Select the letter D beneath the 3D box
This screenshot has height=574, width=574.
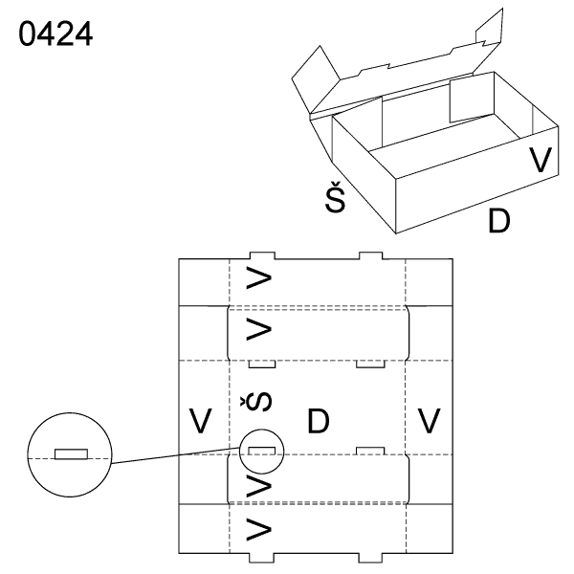coord(498,221)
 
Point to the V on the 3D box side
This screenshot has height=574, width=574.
coord(542,161)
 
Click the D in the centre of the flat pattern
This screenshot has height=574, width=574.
coord(318,421)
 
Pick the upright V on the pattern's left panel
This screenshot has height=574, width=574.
coord(199,421)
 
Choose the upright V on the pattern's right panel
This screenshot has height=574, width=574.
coord(430,421)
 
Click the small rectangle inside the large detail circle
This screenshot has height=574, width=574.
coord(71,453)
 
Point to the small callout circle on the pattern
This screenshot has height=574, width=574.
coord(262,452)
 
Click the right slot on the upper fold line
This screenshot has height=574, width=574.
coord(369,364)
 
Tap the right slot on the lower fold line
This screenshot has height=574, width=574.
coord(369,451)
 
